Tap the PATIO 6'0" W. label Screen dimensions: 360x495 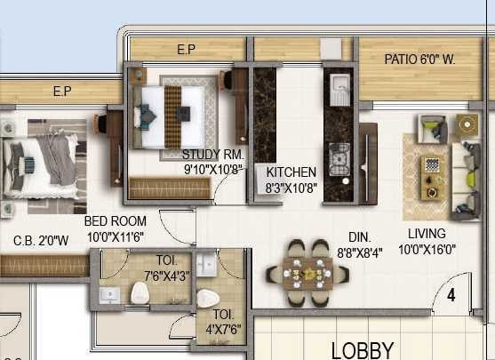click(419, 60)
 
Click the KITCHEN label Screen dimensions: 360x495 click(291, 172)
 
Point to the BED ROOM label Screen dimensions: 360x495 click(115, 221)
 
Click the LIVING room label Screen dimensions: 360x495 click(427, 234)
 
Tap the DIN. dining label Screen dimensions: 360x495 click(360, 237)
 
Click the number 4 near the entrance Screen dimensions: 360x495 click(451, 295)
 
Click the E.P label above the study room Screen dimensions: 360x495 click(186, 50)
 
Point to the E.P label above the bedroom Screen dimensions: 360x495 click(61, 91)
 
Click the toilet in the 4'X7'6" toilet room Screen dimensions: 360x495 click(206, 300)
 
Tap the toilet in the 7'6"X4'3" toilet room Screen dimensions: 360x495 click(140, 292)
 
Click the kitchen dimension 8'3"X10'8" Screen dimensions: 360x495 click(291, 188)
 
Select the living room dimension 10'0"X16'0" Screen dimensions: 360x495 click(427, 251)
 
